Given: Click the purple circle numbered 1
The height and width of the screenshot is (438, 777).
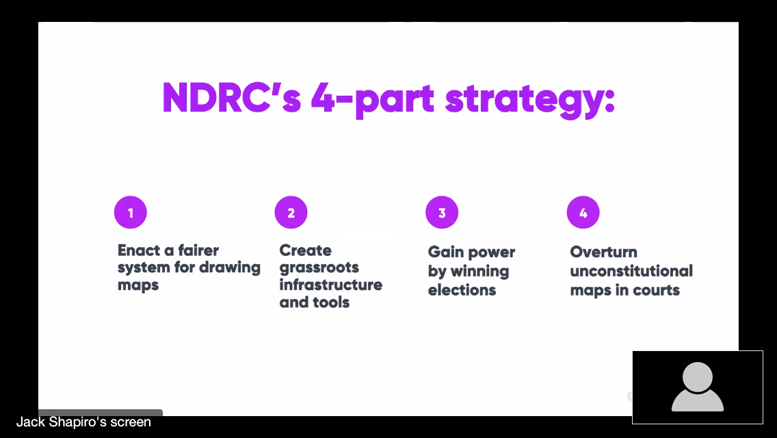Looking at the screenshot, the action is coord(131,212).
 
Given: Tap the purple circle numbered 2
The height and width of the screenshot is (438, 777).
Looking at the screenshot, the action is coord(291,212).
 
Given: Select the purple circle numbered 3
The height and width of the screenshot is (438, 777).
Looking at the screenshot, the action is coord(442,212).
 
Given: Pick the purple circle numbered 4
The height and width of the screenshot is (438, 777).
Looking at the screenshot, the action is coord(583,212).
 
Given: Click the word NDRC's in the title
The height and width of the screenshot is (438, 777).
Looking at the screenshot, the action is coord(231,99).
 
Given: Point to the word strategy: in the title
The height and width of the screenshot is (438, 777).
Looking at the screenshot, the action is coord(529,101).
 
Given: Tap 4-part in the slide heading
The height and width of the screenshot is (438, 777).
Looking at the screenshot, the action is coord(373,101).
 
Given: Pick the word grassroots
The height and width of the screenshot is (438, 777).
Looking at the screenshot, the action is coord(319,268).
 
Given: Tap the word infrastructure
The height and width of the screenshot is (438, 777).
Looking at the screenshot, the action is coord(331,285).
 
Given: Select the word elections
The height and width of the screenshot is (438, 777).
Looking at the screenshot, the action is coord(462,290).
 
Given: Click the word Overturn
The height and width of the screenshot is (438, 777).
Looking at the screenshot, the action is coord(603,252).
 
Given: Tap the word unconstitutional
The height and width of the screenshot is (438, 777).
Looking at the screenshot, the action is coord(631,271).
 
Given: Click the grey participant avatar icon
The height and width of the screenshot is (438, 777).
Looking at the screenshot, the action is coord(698,387).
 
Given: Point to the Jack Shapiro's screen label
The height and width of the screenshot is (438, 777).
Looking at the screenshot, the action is coord(83,422).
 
